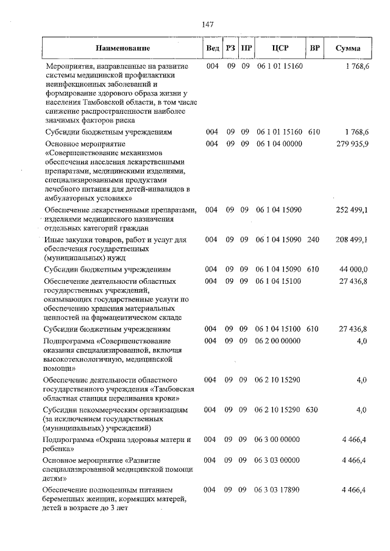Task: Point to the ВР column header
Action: click(314, 47)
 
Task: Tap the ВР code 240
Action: click(313, 240)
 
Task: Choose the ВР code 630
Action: click(312, 410)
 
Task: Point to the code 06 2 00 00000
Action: click(278, 341)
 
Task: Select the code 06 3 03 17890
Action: click(278, 490)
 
